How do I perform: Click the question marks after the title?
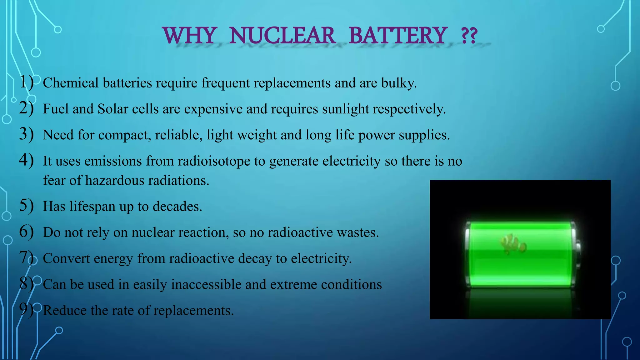[x=469, y=36]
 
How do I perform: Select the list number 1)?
[x=26, y=82]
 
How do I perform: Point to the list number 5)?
[x=26, y=206]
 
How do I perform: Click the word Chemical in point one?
[x=71, y=83]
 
